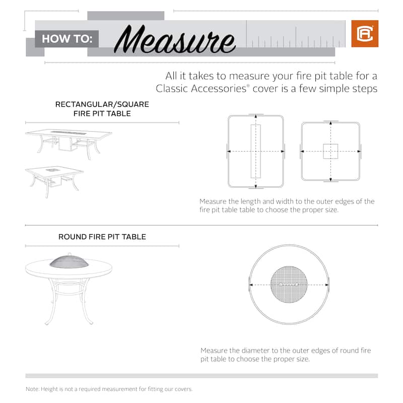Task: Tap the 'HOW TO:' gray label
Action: pos(66,38)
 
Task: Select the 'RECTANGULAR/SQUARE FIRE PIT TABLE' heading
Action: pos(102,109)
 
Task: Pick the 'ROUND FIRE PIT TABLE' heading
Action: pos(102,237)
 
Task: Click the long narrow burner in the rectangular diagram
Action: pos(255,151)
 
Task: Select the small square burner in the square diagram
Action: pos(330,151)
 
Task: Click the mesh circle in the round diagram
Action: pos(289,285)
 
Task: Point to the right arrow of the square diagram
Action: pos(359,151)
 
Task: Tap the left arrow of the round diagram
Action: pos(251,285)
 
